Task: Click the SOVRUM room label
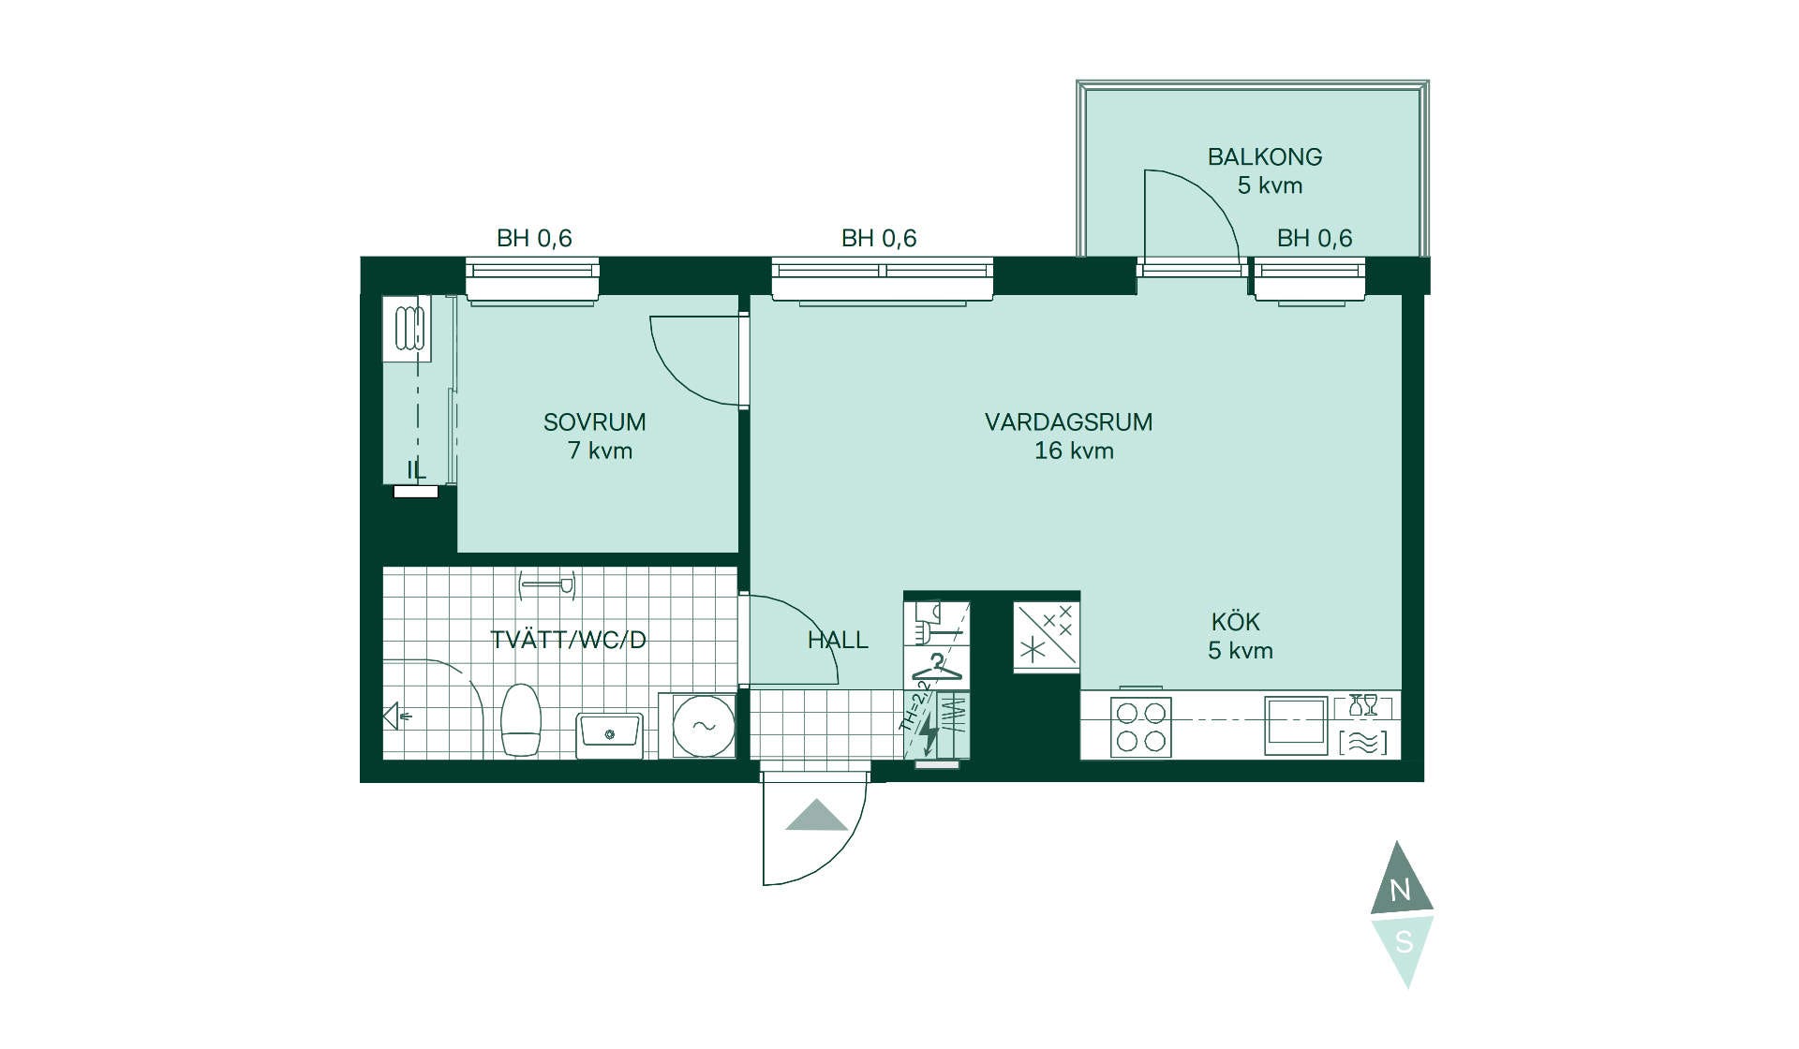click(594, 422)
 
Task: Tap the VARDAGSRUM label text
click(1068, 422)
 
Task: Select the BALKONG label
click(1264, 157)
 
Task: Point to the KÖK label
click(1235, 622)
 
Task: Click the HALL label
click(838, 641)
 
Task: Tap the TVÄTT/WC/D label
click(569, 641)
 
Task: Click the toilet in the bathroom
click(522, 719)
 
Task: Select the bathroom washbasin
click(609, 734)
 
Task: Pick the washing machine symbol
click(704, 725)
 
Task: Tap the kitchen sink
click(1296, 725)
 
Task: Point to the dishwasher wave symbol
click(1363, 743)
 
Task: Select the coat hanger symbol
click(937, 669)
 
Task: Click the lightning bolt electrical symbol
click(929, 733)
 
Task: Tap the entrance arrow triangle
click(817, 816)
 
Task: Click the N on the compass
click(1400, 890)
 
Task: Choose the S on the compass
click(1403, 941)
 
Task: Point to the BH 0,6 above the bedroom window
click(534, 239)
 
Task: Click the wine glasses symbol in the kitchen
click(1363, 705)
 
